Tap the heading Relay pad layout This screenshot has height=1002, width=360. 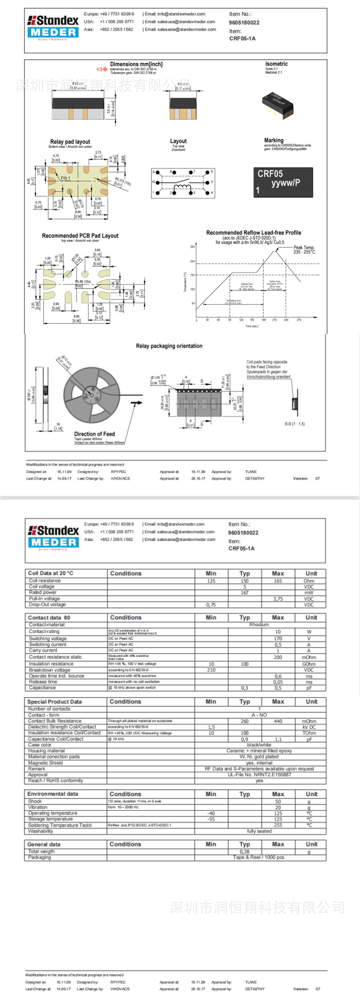tap(70, 142)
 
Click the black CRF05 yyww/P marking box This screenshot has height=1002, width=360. tap(283, 182)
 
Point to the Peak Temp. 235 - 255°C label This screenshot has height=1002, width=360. tap(304, 249)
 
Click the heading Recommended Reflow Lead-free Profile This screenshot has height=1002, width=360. tap(253, 232)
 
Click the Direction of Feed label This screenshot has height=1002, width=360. tap(94, 434)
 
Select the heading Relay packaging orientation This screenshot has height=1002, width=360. tap(169, 346)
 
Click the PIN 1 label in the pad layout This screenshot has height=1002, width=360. tap(65, 178)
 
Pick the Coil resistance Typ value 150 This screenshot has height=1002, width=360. tap(244, 581)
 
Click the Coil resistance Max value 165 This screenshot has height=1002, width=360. tap(278, 581)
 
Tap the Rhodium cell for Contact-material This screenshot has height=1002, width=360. tap(259, 624)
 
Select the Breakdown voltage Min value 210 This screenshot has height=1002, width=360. tap(211, 670)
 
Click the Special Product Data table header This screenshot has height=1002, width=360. tap(54, 701)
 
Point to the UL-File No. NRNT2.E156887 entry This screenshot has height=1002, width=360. tap(259, 774)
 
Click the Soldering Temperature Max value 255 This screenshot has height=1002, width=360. tap(278, 825)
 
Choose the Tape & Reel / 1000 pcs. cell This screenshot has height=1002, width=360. tap(259, 857)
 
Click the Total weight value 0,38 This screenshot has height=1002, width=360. tap(244, 851)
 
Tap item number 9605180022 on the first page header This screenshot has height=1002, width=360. tap(244, 22)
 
